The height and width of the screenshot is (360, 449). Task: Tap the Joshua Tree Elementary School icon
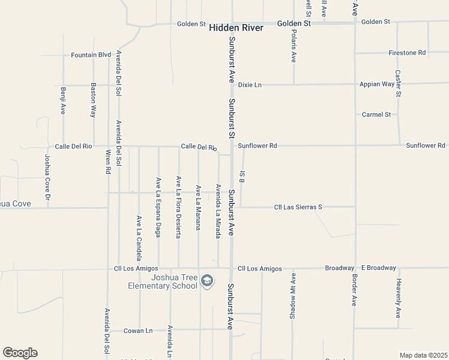tap(207, 281)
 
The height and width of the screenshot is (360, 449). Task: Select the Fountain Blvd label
tap(91, 55)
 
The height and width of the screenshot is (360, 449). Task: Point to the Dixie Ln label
tap(250, 85)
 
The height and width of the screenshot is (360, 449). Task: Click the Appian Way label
tap(376, 84)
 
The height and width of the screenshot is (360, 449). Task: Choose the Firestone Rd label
tap(407, 53)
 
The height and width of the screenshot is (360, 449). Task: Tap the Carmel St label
tap(376, 114)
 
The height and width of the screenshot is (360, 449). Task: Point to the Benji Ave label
tap(63, 100)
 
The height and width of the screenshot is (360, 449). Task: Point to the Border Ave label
tap(354, 292)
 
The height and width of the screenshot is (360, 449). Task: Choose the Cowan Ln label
tap(138, 330)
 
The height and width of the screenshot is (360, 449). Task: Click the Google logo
tap(20, 353)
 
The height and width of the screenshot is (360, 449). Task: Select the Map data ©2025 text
tap(423, 355)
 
